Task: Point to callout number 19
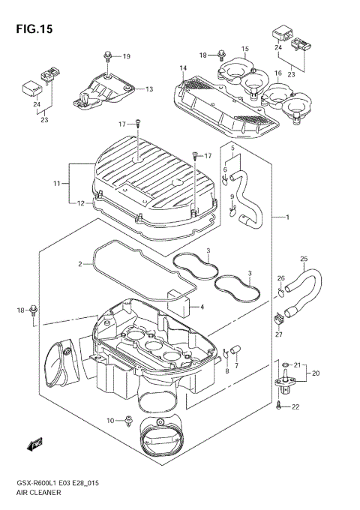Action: pyautogui.click(x=126, y=56)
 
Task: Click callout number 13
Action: pyautogui.click(x=148, y=89)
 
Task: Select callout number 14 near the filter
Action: pyautogui.click(x=182, y=69)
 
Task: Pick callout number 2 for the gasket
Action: pyautogui.click(x=79, y=265)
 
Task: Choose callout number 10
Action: pyautogui.click(x=110, y=421)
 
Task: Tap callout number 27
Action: pyautogui.click(x=279, y=334)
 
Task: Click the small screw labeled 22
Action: pyautogui.click(x=279, y=406)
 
